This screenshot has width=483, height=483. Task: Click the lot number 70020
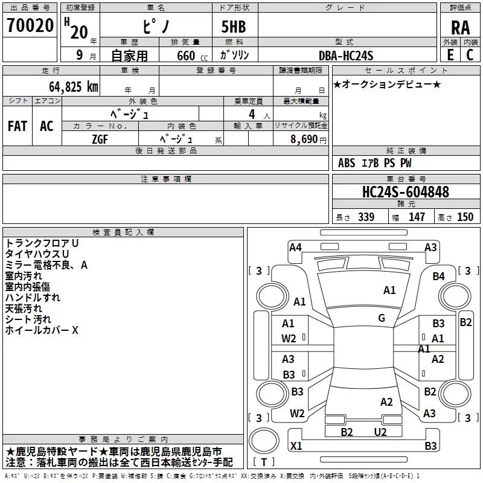click(x=30, y=25)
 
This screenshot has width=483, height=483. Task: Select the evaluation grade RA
click(x=460, y=28)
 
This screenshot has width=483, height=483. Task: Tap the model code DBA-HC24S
click(x=346, y=56)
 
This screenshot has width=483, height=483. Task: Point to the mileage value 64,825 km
click(x=74, y=87)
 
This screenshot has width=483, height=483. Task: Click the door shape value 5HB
click(x=234, y=27)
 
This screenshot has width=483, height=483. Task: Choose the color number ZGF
click(x=100, y=139)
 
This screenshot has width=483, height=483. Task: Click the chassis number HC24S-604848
click(x=406, y=192)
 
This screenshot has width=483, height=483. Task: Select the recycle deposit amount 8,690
click(x=304, y=139)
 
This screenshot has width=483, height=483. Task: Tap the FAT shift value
click(x=18, y=126)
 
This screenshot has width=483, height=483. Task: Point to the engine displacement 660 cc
click(x=192, y=56)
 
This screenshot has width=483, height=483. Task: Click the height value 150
click(x=465, y=217)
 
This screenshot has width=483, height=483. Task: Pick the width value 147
click(x=417, y=217)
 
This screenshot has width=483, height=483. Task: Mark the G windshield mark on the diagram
click(x=382, y=318)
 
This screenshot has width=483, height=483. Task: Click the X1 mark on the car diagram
click(x=296, y=446)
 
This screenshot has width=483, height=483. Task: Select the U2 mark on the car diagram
click(x=380, y=432)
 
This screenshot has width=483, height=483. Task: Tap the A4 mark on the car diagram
click(x=295, y=248)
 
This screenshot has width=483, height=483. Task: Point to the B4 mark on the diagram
click(x=438, y=277)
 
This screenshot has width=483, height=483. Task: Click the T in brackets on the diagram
click(x=264, y=462)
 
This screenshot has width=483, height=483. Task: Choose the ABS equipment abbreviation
click(x=347, y=163)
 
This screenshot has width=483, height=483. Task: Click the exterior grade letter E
click(x=450, y=55)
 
